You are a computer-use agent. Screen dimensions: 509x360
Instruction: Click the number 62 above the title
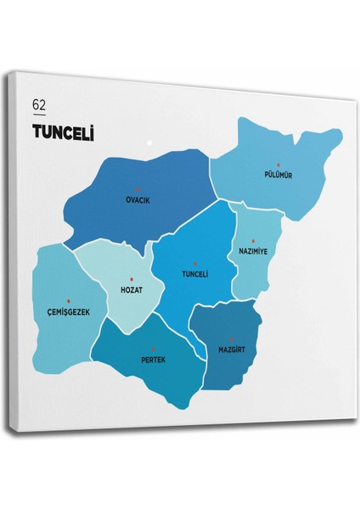tap(39, 104)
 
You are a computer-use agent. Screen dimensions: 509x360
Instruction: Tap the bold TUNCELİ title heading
tap(62, 131)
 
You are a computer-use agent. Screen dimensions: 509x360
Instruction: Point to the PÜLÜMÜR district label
tap(278, 176)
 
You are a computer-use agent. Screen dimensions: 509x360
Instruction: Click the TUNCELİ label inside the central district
tap(194, 274)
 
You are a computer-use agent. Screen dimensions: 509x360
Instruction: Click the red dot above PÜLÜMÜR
tap(278, 165)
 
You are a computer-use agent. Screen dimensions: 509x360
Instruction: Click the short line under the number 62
tap(39, 115)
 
